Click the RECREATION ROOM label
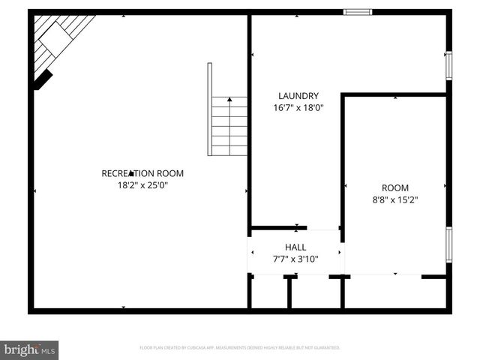[x=142, y=173]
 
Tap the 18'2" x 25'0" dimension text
[x=142, y=184]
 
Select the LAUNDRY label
[x=298, y=96]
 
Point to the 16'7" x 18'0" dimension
[x=298, y=107]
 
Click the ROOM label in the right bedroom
[x=395, y=188]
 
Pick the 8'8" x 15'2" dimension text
[x=395, y=200]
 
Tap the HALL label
[x=295, y=247]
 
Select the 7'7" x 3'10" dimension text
[x=295, y=259]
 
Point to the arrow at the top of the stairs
[x=229, y=98]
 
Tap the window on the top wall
[x=358, y=12]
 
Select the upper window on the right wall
[x=448, y=65]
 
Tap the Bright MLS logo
[x=29, y=349]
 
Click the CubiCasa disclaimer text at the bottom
[x=240, y=348]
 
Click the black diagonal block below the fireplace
[x=43, y=79]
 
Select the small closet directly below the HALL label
[x=308, y=292]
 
